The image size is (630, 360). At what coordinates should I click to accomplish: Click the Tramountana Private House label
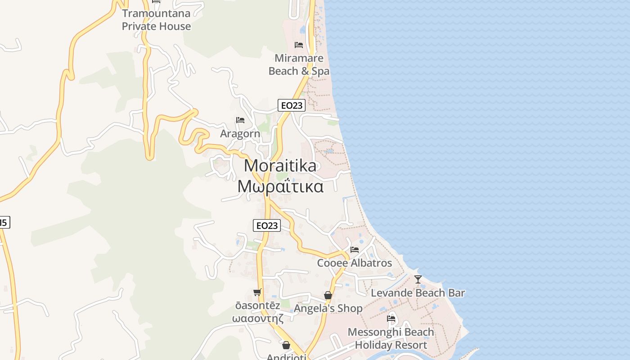156,20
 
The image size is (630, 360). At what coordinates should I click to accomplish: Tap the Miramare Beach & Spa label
299,65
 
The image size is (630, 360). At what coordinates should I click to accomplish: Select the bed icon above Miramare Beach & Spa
298,45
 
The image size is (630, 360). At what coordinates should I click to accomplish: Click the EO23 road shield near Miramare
292,105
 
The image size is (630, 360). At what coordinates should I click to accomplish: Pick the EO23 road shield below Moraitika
267,225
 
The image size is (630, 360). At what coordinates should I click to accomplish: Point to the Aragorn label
240,134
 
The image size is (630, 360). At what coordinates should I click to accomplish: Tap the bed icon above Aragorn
240,120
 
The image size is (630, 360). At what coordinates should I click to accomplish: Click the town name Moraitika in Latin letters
280,166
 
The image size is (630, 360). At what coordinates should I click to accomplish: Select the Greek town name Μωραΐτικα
280,186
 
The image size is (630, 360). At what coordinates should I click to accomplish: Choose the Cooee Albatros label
355,263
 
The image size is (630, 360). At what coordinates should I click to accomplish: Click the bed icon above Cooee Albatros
355,250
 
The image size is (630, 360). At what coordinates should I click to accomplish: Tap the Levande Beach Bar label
418,293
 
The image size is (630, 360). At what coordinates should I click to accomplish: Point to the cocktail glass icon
418,279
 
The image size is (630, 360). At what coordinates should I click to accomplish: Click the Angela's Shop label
328,308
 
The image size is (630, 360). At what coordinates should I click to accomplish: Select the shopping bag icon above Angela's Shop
328,296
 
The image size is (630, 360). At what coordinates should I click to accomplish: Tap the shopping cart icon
257,292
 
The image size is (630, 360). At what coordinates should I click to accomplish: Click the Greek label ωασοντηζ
257,318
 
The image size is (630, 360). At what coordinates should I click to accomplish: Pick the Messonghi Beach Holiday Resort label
391,338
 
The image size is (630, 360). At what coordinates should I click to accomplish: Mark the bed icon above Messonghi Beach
391,319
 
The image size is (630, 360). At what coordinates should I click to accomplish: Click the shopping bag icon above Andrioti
286,345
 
